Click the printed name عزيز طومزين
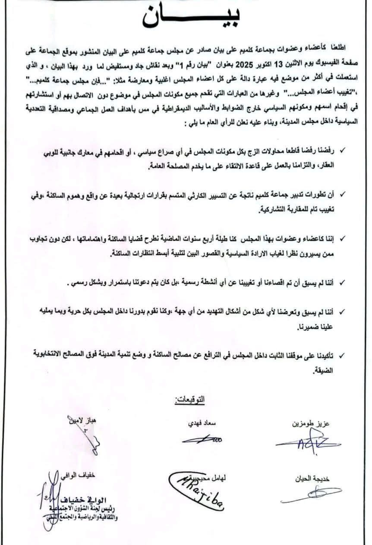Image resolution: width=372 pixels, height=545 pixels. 310,424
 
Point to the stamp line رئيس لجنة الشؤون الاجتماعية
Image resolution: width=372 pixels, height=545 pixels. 82,509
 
